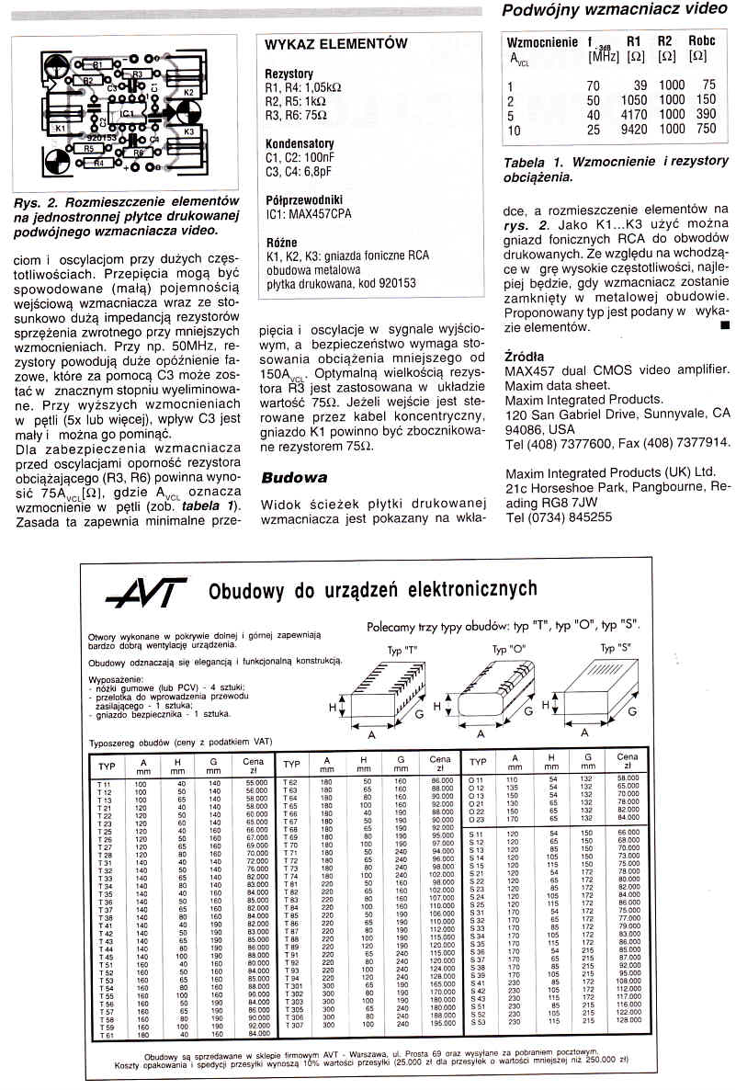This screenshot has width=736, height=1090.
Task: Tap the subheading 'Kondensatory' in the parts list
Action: coord(299,144)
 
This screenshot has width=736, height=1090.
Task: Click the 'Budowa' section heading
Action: coord(294,478)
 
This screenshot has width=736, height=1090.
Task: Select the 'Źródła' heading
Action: coord(525,356)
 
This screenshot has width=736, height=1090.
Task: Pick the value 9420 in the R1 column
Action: coord(634,130)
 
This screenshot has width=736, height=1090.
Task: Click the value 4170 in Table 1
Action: coord(634,115)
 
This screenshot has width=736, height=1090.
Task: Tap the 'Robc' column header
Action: coord(701,42)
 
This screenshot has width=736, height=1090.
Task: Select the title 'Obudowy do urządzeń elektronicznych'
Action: coord(372,589)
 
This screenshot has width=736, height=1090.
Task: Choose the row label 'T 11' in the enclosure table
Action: coord(104,783)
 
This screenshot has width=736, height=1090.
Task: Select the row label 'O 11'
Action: coord(476,778)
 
